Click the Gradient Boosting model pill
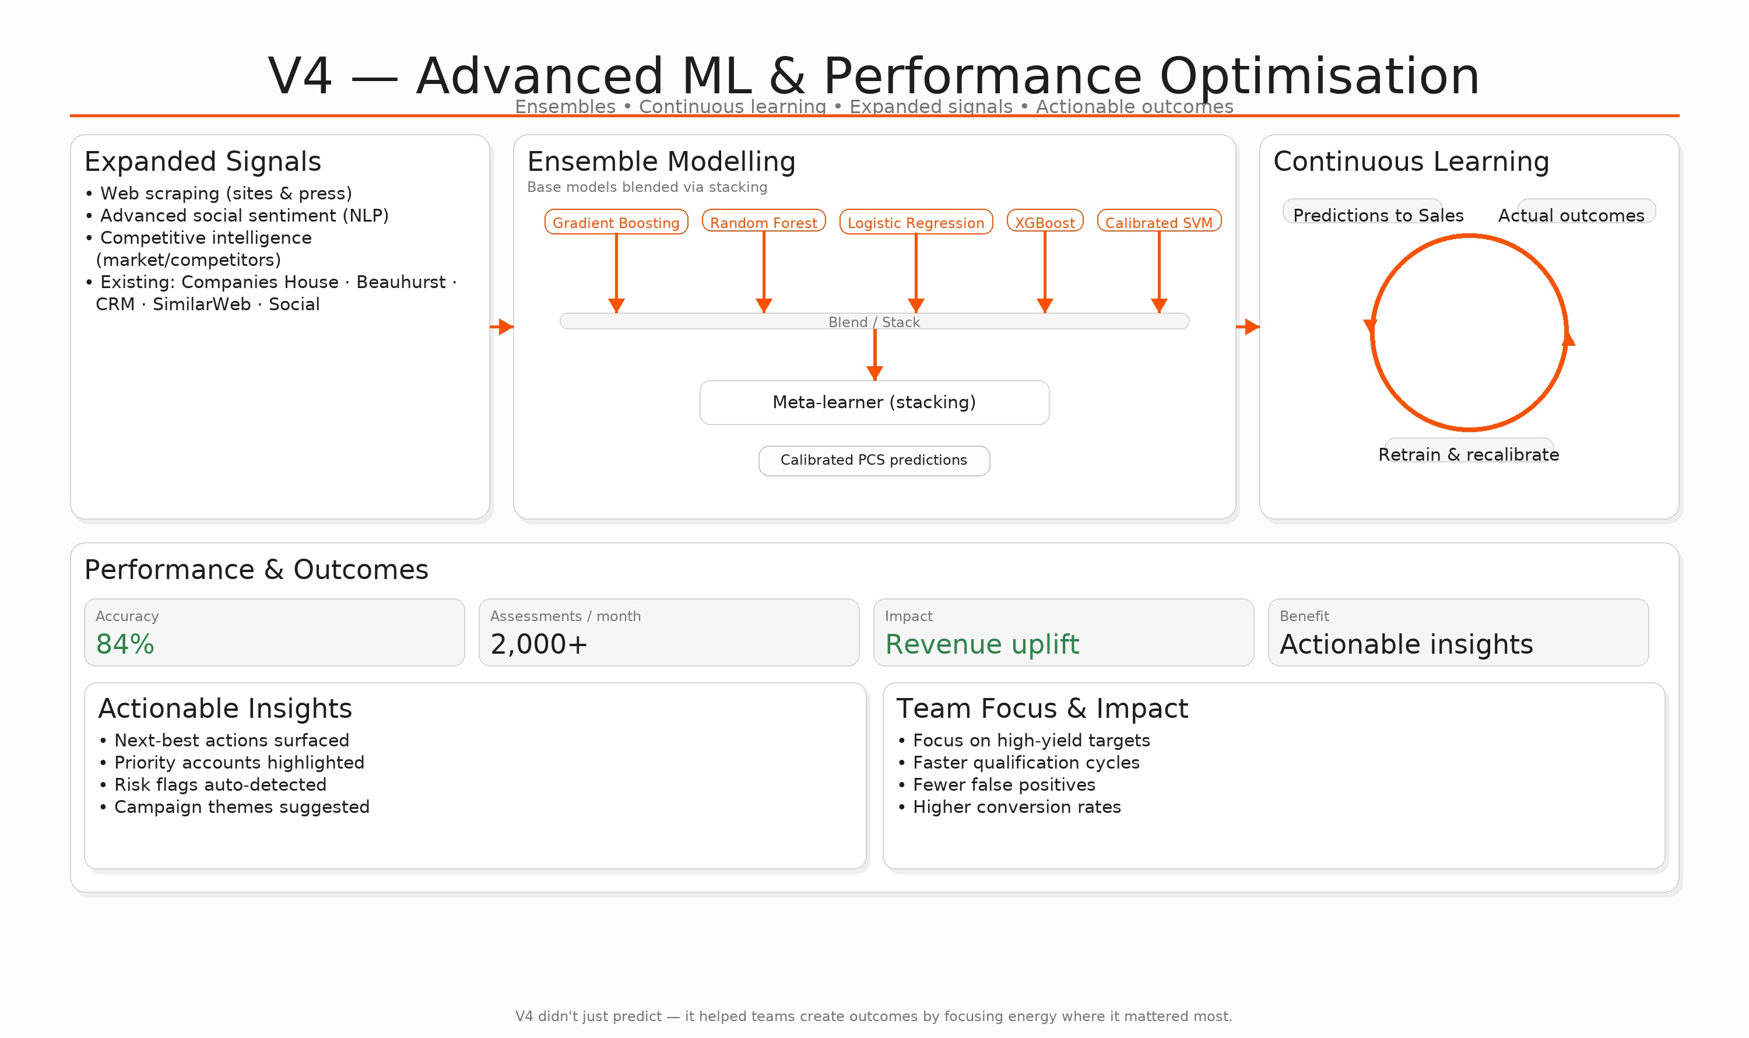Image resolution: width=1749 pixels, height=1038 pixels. point(616,222)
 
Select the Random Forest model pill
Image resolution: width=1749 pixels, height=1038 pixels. point(764,222)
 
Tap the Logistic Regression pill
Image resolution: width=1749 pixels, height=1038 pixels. point(915,222)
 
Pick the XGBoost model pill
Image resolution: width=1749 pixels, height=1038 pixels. point(1045,222)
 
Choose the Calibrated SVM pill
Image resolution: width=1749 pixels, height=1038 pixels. point(1159,222)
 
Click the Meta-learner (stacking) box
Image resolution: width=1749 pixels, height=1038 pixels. point(874,402)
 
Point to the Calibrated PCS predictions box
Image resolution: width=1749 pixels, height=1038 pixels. point(874,460)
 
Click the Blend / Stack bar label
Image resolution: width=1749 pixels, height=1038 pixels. point(874,322)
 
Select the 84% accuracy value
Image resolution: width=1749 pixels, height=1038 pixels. point(125,644)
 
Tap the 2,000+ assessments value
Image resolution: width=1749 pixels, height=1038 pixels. point(539,644)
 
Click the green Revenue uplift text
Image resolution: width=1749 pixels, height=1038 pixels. point(982,644)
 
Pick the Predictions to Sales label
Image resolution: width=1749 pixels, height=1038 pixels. point(1378,215)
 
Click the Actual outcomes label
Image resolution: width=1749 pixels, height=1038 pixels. point(1571,215)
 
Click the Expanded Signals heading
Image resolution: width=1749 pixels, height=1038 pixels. point(203,162)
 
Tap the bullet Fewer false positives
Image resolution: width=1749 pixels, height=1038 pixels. point(1003,785)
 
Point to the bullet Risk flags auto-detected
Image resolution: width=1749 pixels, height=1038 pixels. point(220,785)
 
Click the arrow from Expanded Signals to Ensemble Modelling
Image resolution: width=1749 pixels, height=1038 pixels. point(502,327)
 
